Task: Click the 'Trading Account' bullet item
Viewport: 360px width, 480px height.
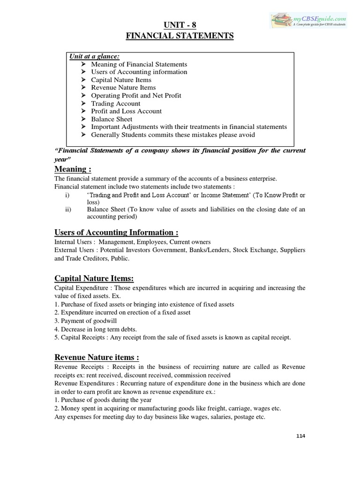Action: [115, 104]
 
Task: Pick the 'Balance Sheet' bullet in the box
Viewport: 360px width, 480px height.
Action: [112, 119]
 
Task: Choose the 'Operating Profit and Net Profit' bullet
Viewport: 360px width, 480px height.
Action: [136, 96]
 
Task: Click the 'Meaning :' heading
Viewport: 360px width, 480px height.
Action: [73, 169]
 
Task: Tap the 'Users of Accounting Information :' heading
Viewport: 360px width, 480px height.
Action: [116, 232]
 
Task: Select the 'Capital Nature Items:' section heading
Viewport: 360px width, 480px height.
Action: [94, 278]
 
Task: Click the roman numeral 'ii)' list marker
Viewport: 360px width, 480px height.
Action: [68, 210]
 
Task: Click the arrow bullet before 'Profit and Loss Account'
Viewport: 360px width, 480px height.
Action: [83, 112]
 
